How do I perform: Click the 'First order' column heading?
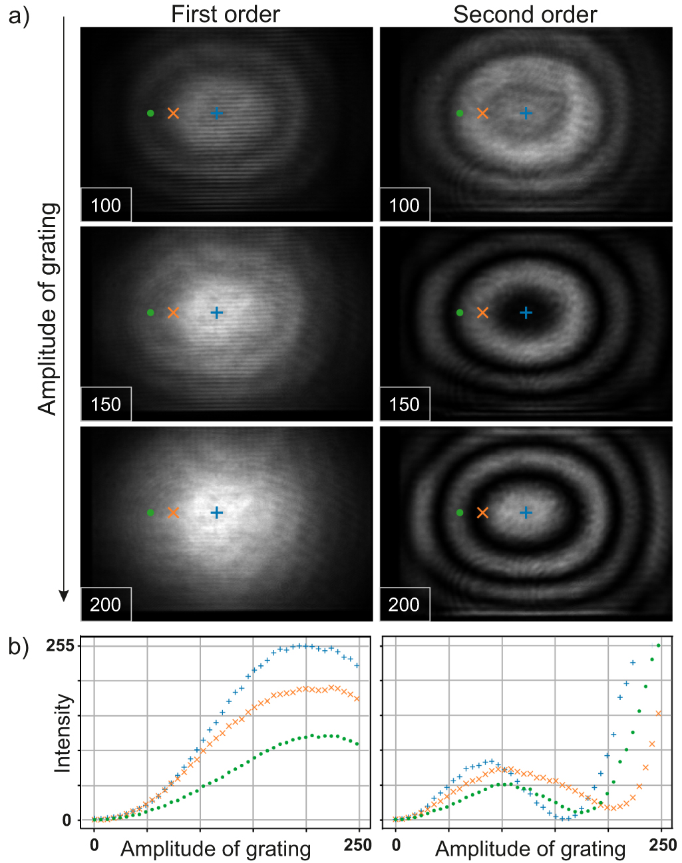[225, 14]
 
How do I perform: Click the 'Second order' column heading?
[525, 14]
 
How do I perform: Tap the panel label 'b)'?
[19, 647]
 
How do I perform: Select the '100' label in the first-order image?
[106, 205]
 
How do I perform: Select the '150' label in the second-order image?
[404, 405]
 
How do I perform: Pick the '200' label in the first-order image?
[106, 604]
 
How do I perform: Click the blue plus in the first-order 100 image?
[216, 113]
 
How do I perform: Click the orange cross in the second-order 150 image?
[482, 313]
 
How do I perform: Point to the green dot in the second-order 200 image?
[460, 512]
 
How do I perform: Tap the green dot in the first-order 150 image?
[150, 313]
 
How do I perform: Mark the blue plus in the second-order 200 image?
[526, 512]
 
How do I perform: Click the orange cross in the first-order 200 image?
[173, 512]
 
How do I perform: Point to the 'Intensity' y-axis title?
[63, 733]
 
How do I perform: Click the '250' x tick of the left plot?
[358, 845]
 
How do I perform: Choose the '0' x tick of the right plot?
[396, 845]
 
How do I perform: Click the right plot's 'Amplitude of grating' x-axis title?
[530, 850]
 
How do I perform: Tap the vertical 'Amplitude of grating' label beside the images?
[48, 309]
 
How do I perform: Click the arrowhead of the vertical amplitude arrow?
[64, 595]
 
